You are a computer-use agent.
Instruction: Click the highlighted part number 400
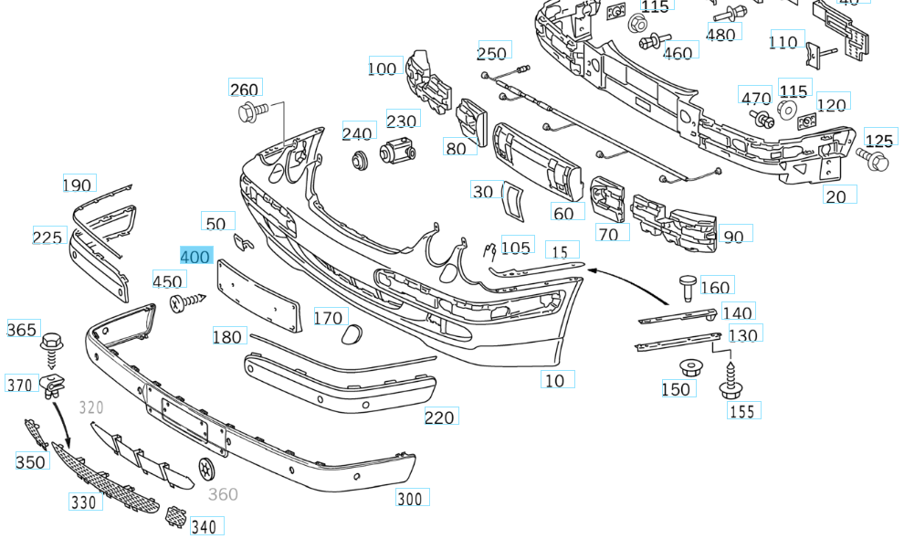click(195, 257)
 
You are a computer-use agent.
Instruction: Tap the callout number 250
click(492, 53)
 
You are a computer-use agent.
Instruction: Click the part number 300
click(410, 499)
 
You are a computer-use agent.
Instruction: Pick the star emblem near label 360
click(206, 468)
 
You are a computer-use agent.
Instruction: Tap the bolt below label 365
click(52, 347)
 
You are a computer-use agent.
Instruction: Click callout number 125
click(879, 141)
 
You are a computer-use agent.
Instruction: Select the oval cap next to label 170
click(351, 337)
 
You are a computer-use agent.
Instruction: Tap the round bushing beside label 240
click(359, 160)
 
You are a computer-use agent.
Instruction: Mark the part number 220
click(439, 417)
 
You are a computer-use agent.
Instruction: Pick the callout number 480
click(720, 35)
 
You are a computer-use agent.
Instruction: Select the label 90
click(733, 237)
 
